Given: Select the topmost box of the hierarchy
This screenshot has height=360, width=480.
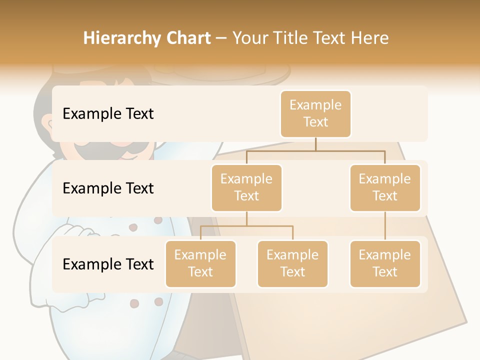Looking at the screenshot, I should coord(315,113).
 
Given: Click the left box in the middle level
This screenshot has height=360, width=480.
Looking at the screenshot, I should coord(246,187).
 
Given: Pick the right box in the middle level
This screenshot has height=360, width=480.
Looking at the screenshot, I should coord(385,187).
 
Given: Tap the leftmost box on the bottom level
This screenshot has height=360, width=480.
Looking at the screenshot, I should coord(200,263).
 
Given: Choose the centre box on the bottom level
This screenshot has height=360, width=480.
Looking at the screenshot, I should coord(292,263).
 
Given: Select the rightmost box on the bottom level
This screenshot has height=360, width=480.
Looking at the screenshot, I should coord(385,263).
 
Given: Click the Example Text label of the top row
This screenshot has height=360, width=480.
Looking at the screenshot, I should coord(108,113).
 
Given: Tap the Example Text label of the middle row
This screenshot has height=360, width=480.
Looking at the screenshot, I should coord(108,188).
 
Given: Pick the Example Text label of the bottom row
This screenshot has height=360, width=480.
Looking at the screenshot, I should coord(108,264).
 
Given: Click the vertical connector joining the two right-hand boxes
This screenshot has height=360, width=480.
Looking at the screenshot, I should coord(385,225).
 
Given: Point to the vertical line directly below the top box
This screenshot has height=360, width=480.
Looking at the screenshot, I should coord(315,144).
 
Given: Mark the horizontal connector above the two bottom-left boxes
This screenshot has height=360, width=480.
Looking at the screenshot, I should coord(246,226).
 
